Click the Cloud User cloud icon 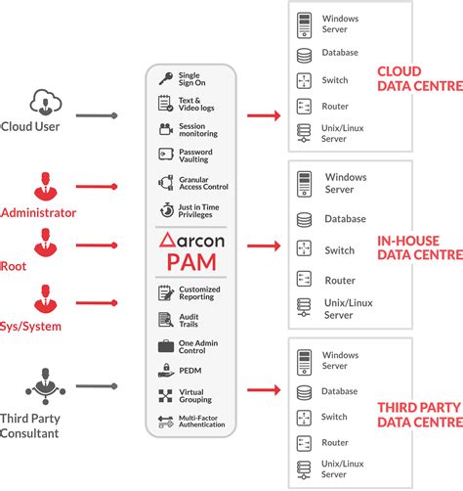[46, 102]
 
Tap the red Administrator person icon [46, 186]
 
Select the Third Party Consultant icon [46, 386]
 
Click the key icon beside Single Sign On [166, 78]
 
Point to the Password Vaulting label [195, 156]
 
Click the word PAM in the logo [191, 262]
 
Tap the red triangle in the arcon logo [167, 240]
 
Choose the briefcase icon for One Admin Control [166, 346]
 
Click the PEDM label [190, 371]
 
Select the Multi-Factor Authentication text [202, 422]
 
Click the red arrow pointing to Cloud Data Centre [264, 115]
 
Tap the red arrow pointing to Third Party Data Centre [264, 389]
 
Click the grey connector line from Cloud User [97, 115]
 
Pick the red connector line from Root [97, 245]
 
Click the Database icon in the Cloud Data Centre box [304, 56]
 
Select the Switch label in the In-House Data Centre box [340, 250]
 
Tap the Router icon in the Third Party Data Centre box [304, 443]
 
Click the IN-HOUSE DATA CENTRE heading [420, 247]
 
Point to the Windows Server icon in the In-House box [304, 184]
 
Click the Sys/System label [30, 327]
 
